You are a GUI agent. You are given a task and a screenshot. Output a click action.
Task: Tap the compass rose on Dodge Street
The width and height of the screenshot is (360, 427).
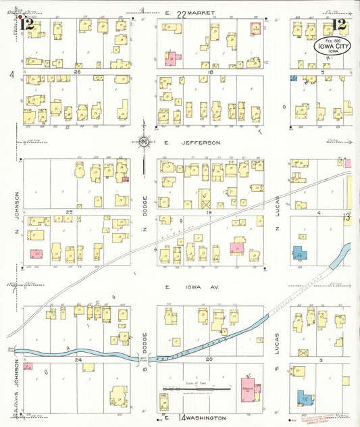click(x=145, y=142)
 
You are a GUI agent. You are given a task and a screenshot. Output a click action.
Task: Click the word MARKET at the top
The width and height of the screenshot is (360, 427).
click(x=201, y=14)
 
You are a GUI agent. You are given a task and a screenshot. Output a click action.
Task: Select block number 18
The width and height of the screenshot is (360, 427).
click(x=211, y=71)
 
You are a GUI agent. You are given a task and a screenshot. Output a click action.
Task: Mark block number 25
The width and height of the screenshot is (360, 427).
click(x=68, y=212)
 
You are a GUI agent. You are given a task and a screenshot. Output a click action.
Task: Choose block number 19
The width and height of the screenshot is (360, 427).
click(x=209, y=212)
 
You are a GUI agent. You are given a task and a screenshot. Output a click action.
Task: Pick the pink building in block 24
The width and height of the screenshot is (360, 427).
click(x=28, y=366)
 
